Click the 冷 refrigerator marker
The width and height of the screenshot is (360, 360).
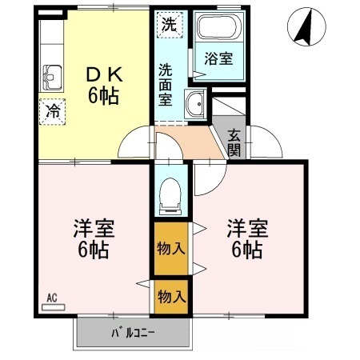[51, 110]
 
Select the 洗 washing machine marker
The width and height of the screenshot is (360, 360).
[169, 24]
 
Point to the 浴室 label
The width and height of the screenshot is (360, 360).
[218, 58]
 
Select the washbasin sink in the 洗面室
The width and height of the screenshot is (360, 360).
[194, 104]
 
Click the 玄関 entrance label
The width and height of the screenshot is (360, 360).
[234, 142]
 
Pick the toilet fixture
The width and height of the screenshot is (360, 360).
[170, 194]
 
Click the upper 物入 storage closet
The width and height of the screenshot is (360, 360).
[170, 249]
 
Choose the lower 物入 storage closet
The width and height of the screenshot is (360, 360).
[170, 296]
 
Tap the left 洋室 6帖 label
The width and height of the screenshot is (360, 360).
[94, 237]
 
